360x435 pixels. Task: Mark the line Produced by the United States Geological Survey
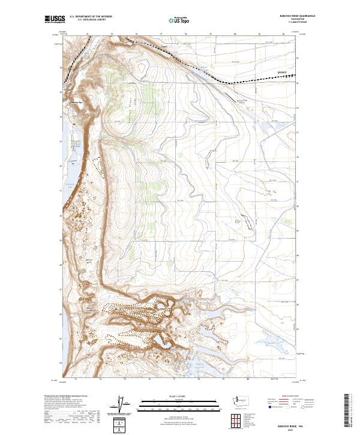[x=64, y=396]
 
